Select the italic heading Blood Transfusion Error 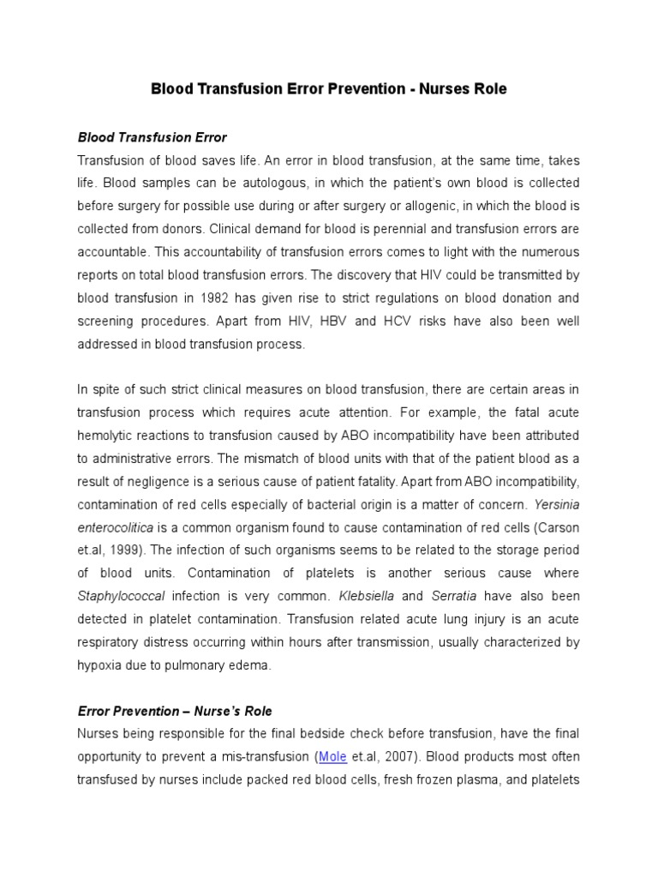click(x=152, y=137)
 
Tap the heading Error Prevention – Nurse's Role click(x=175, y=711)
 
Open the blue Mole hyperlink click(x=332, y=757)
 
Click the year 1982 click(x=237, y=298)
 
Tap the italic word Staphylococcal click(x=121, y=595)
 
